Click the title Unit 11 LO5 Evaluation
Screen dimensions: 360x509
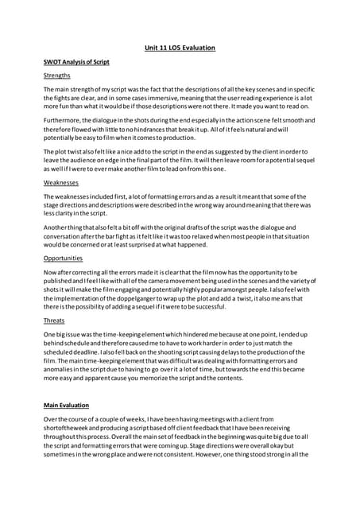[x=180, y=48]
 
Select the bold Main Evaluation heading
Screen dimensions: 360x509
[x=72, y=406]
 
